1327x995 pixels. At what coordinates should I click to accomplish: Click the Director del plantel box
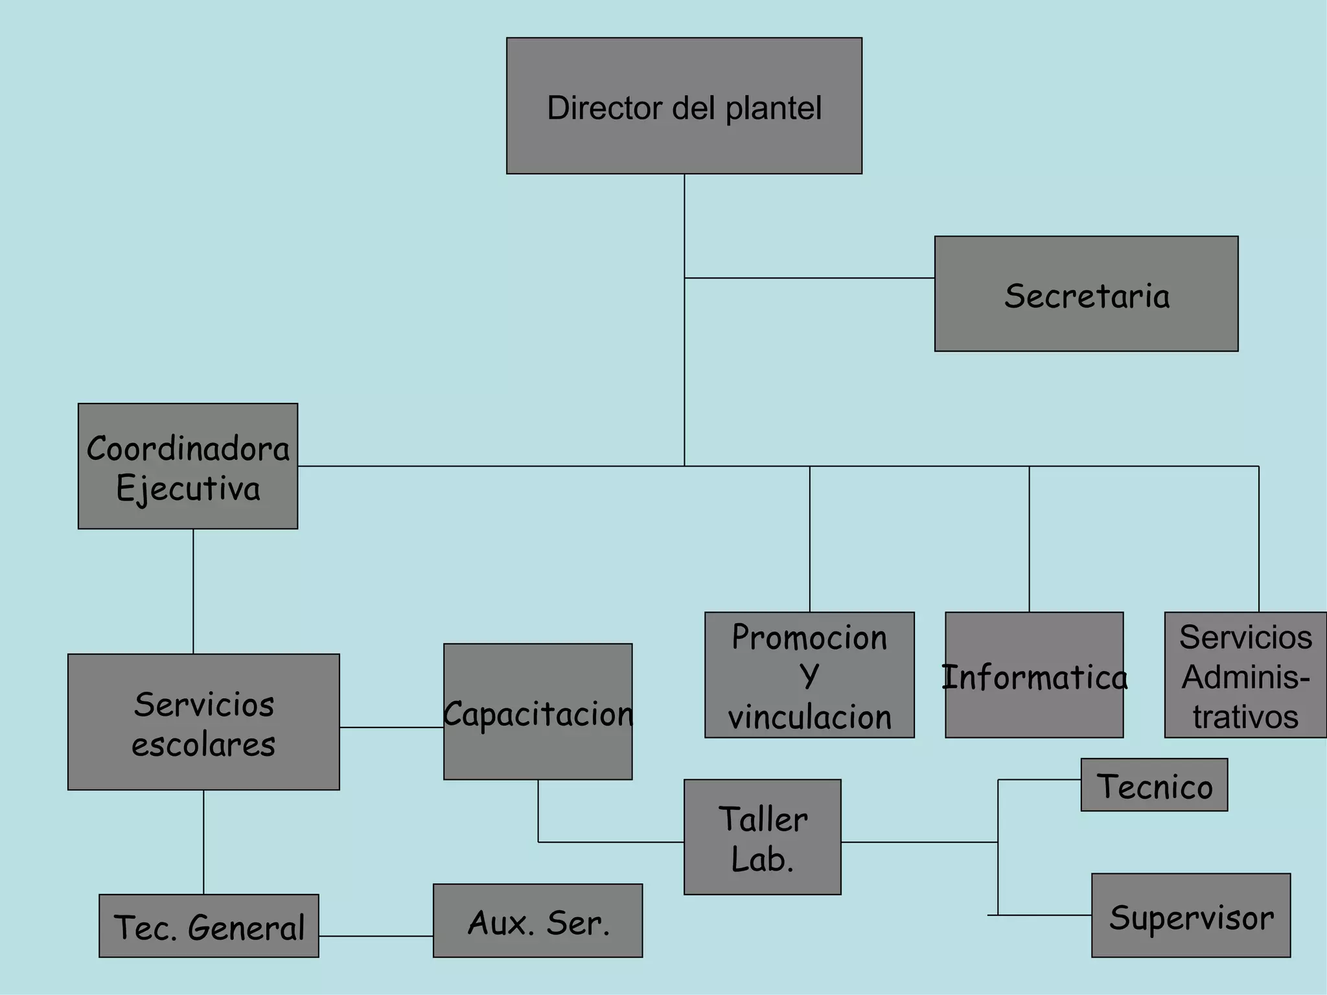click(x=684, y=106)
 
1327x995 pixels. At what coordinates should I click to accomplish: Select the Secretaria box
click(x=1086, y=293)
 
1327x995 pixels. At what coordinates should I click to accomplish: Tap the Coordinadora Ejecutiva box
click(x=188, y=466)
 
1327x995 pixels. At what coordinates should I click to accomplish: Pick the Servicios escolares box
click(x=203, y=722)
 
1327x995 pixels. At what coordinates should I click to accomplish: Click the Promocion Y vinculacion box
click(x=809, y=674)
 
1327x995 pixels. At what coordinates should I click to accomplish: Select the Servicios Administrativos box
click(x=1245, y=674)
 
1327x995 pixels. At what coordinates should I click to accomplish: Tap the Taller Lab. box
click(x=762, y=836)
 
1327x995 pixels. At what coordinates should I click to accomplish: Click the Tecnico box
click(x=1154, y=784)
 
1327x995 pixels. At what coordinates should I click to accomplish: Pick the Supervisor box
click(x=1190, y=915)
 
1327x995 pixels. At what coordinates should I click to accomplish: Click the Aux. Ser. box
click(x=538, y=920)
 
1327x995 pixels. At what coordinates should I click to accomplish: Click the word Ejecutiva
click(x=188, y=489)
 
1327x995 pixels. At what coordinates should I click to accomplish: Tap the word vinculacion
click(x=809, y=717)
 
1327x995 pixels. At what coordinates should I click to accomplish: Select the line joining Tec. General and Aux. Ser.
click(x=376, y=935)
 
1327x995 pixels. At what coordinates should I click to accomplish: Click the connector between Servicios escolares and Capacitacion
click(x=391, y=727)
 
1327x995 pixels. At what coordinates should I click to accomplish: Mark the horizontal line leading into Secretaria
click(x=809, y=278)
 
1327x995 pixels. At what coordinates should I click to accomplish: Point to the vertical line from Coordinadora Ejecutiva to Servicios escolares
click(x=193, y=591)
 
